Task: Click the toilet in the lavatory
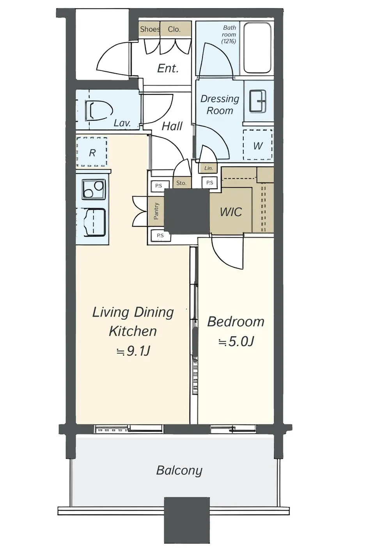pyautogui.click(x=99, y=111)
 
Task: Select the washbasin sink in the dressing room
pyautogui.click(x=257, y=101)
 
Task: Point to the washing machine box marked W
pyautogui.click(x=258, y=145)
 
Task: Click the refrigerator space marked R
pyautogui.click(x=92, y=152)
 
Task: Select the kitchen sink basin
pyautogui.click(x=94, y=222)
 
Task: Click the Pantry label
pyautogui.click(x=156, y=211)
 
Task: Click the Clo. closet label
pyautogui.click(x=174, y=29)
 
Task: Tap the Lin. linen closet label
pyautogui.click(x=209, y=168)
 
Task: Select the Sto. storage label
pyautogui.click(x=181, y=183)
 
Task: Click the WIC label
pyautogui.click(x=231, y=212)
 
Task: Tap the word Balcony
pyautogui.click(x=179, y=470)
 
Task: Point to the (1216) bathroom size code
pyautogui.click(x=229, y=41)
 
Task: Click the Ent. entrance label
pyautogui.click(x=168, y=68)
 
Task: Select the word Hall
pyautogui.click(x=172, y=126)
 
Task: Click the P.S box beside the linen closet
pyautogui.click(x=209, y=183)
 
